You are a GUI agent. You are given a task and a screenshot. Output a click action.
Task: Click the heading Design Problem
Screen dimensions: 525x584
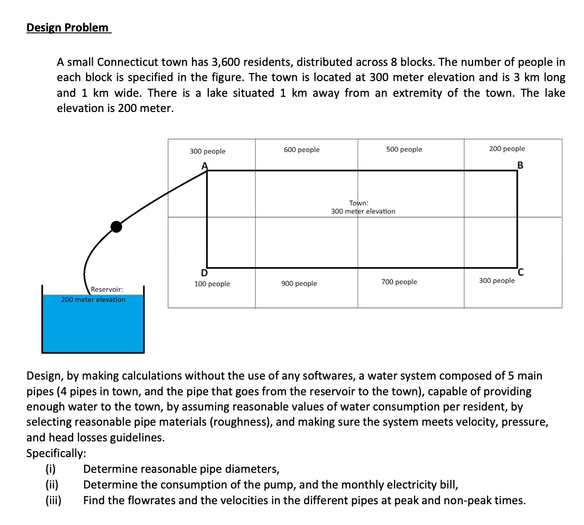coord(68,27)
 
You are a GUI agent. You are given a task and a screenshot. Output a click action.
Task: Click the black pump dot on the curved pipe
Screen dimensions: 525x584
coord(117,227)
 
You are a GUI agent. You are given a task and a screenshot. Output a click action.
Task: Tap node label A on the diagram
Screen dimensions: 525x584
coord(205,165)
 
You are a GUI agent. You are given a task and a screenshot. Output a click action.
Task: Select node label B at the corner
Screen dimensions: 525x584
coord(520,165)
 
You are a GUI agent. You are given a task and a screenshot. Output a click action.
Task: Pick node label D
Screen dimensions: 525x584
coord(204,274)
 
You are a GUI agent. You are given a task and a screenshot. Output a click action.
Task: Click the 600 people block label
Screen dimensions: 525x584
coord(302,149)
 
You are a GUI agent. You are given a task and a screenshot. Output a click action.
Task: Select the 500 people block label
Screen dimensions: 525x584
coord(404,149)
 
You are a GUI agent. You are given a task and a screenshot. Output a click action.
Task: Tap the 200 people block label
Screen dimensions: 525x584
coord(506,148)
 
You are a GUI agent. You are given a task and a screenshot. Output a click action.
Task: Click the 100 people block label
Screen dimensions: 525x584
coord(212,284)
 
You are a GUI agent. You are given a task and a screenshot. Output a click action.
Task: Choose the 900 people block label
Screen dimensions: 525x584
coord(299,283)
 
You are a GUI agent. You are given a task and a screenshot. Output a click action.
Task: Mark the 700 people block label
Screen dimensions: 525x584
coord(399,282)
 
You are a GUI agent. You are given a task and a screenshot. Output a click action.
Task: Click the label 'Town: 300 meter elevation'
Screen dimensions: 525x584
coord(363,207)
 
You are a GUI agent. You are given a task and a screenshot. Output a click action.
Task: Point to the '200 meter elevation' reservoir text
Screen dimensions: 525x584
coord(93,299)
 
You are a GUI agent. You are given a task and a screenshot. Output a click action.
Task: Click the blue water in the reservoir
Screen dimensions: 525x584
coord(93,327)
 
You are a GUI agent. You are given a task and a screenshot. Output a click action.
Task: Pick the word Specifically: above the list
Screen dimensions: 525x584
coord(56,453)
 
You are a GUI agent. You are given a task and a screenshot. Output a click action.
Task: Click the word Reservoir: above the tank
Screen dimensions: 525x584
coord(106,289)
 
